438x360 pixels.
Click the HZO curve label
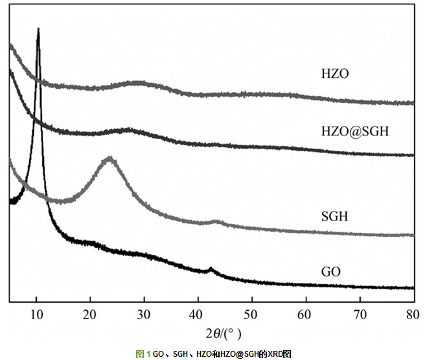(x=335, y=74)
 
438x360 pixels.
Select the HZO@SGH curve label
(x=354, y=132)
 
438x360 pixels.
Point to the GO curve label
(x=330, y=271)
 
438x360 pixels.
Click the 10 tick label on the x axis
(x=36, y=315)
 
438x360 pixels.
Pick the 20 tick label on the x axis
(x=90, y=315)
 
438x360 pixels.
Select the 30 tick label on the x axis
(x=144, y=315)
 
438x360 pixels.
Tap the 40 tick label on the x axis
(x=198, y=315)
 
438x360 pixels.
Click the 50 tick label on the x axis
(x=252, y=315)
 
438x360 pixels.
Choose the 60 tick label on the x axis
(x=306, y=315)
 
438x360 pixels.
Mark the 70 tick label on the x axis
(x=360, y=315)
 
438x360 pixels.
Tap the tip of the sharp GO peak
(x=38, y=29)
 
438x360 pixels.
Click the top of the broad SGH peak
(x=109, y=158)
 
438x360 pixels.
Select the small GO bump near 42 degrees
(x=209, y=269)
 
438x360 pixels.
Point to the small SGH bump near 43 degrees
(x=217, y=222)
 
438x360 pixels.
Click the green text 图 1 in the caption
(x=143, y=354)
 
